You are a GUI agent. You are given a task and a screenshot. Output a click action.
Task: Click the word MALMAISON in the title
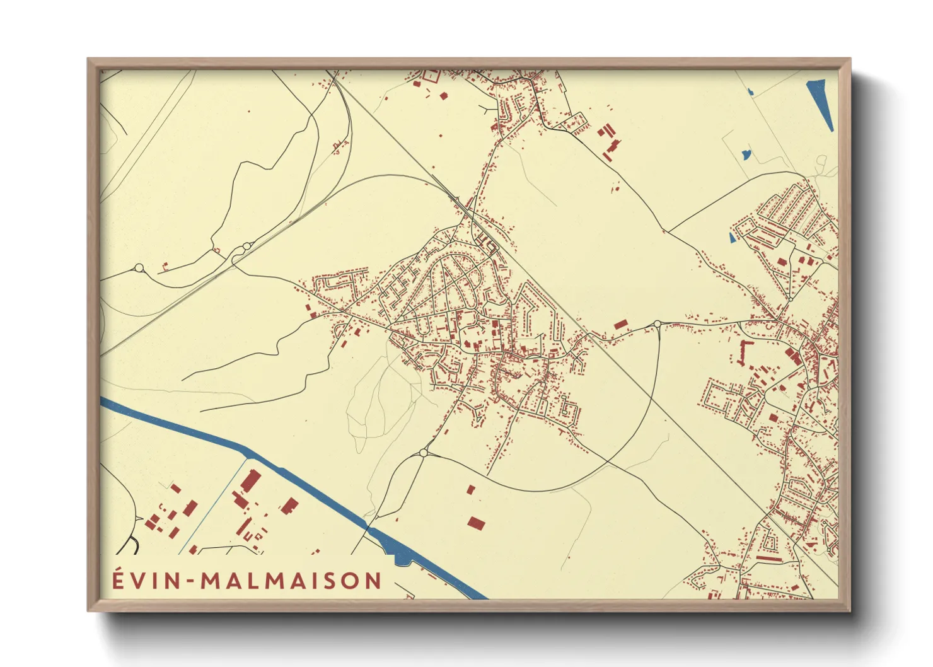[x=291, y=581]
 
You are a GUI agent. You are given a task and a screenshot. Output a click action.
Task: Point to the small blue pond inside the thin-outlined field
[x=746, y=153]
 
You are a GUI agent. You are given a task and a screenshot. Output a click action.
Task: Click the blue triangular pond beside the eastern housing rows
[x=732, y=238]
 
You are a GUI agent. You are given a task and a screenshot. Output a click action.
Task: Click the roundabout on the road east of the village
[x=657, y=324]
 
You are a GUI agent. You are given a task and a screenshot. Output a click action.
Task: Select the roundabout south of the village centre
[x=423, y=453]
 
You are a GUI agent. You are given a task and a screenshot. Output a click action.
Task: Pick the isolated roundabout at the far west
[x=139, y=268]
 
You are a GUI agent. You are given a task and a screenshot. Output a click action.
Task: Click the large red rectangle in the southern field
[x=477, y=523]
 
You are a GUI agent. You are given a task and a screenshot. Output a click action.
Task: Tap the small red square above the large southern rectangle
[x=470, y=489]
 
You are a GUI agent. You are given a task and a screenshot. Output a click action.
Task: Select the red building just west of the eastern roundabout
[x=621, y=324]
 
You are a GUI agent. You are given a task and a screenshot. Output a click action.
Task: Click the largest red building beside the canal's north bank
[x=250, y=482]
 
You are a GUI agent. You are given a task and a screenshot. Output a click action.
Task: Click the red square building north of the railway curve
[x=443, y=96]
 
